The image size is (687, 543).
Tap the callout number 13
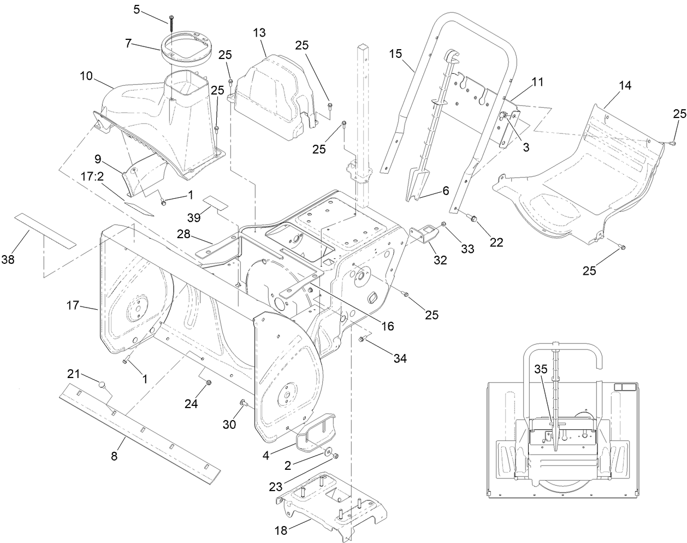259,32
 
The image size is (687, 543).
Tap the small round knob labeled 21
101,384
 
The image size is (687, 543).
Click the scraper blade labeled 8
142,432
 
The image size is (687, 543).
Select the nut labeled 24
208,387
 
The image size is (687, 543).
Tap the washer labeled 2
327,452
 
